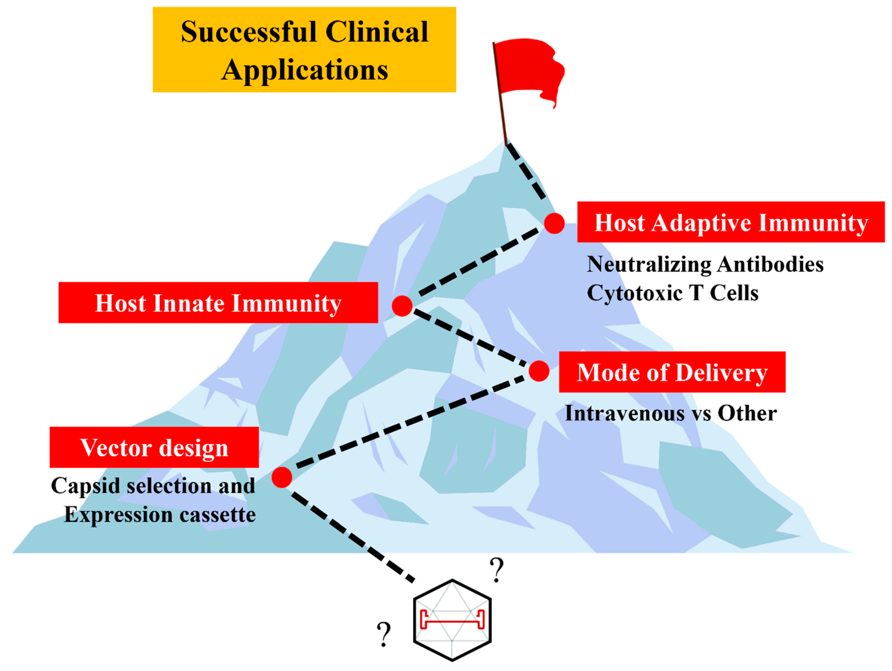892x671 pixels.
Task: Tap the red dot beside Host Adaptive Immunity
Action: tap(554, 224)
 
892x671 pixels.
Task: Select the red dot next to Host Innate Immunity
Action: tap(402, 306)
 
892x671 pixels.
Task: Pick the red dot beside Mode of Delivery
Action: tap(539, 371)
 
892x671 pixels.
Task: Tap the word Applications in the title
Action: tap(305, 70)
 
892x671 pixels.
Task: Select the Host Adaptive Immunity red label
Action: tap(731, 222)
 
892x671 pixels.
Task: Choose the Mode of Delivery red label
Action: tap(672, 372)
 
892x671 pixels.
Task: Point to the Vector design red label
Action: tap(154, 447)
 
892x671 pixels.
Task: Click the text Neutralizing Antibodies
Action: tap(705, 265)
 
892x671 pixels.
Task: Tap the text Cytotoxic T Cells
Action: tap(672, 293)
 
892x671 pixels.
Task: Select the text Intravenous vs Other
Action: tap(671, 413)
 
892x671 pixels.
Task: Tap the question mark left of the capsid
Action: tap(384, 634)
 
